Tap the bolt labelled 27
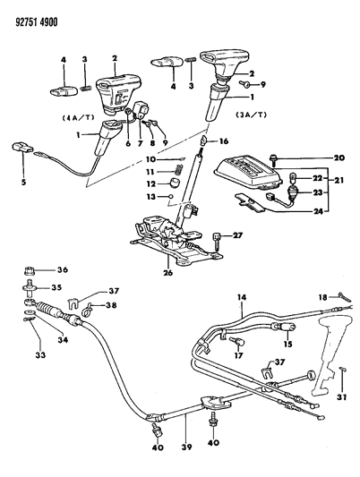click(x=217, y=237)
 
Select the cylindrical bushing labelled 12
click(x=172, y=184)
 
